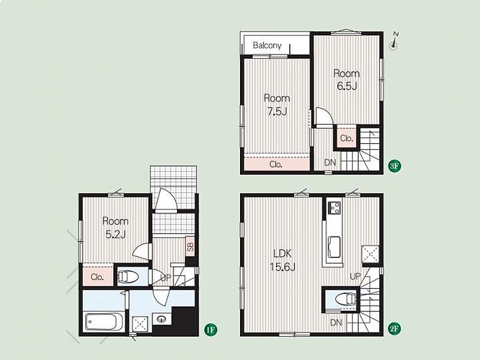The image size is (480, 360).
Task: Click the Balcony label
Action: [267, 46]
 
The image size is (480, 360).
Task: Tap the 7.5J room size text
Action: [277, 112]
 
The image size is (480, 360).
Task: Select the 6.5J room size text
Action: [347, 86]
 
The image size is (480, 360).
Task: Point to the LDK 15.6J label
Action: [283, 260]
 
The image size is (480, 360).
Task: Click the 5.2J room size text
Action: [115, 235]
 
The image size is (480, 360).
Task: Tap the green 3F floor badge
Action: [395, 166]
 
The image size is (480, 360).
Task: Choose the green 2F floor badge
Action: [395, 329]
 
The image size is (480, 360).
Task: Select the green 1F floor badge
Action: [211, 330]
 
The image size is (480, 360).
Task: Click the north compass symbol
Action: [394, 41]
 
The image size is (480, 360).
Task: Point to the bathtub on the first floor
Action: [101, 322]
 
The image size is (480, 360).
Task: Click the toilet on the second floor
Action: [346, 299]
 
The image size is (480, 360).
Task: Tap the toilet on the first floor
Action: [128, 277]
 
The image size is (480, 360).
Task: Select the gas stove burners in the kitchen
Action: [335, 208]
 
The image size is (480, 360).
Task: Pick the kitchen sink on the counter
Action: [335, 247]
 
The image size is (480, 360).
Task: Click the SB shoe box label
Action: [190, 247]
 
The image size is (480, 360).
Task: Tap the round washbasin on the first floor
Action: [161, 319]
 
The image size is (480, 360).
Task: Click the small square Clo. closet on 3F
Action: [347, 137]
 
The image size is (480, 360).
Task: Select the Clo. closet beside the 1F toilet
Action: [98, 277]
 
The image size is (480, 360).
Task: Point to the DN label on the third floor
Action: [330, 163]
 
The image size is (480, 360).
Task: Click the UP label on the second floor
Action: [355, 277]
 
